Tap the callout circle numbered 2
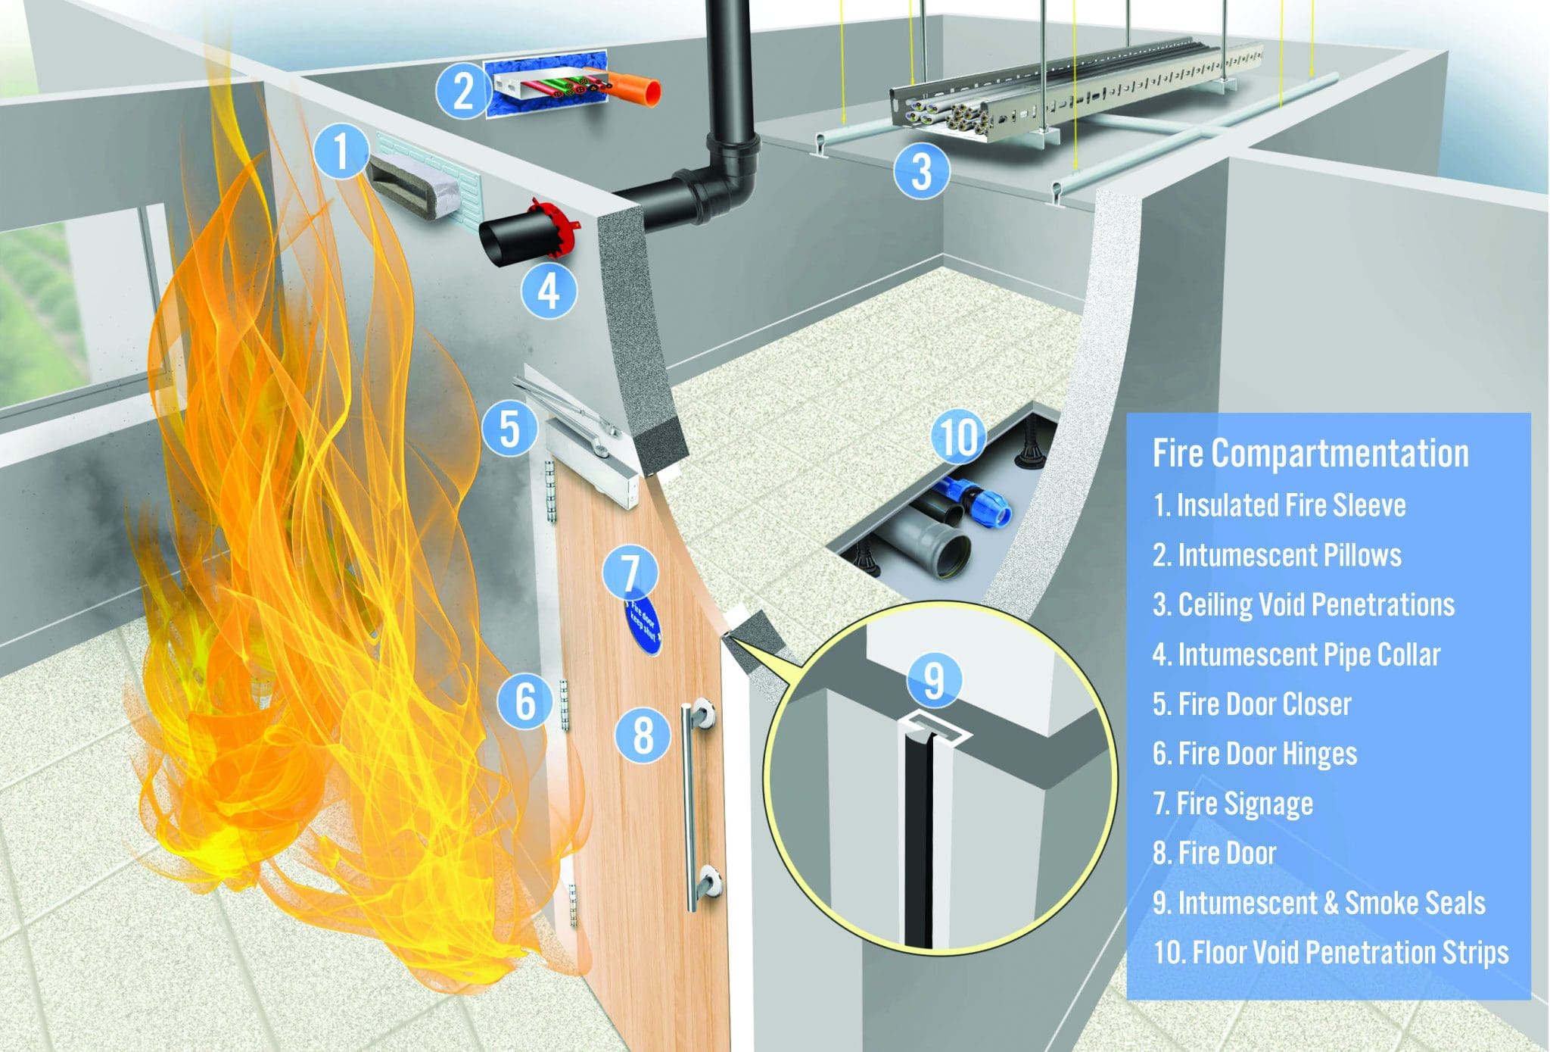click(x=463, y=90)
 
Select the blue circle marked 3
click(x=921, y=172)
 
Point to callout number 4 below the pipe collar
click(x=549, y=290)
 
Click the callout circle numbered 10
click(x=958, y=437)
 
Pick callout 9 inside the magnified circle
click(x=934, y=679)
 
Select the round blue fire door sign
click(x=643, y=628)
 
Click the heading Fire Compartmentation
click(x=1310, y=454)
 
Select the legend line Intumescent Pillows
click(x=1277, y=555)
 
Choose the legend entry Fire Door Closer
click(x=1252, y=704)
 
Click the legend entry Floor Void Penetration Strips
click(x=1331, y=953)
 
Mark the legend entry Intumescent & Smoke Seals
click(x=1318, y=903)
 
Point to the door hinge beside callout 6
click(x=564, y=704)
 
